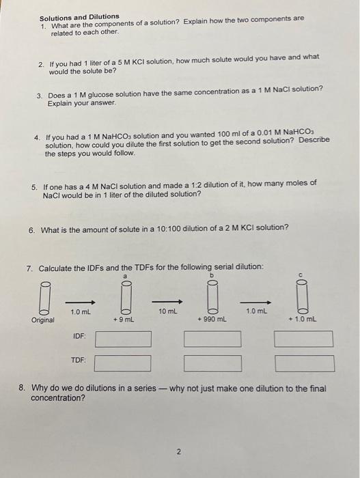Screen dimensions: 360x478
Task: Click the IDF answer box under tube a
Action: coord(123,339)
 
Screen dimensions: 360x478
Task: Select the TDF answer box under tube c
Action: coord(304,363)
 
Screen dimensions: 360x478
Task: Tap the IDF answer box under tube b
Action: coord(212,339)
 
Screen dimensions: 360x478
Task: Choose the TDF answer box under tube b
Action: coord(212,363)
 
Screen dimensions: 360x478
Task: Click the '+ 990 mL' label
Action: coord(212,320)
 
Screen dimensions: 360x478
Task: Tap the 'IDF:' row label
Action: coord(80,337)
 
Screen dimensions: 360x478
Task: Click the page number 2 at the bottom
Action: coord(178,451)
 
